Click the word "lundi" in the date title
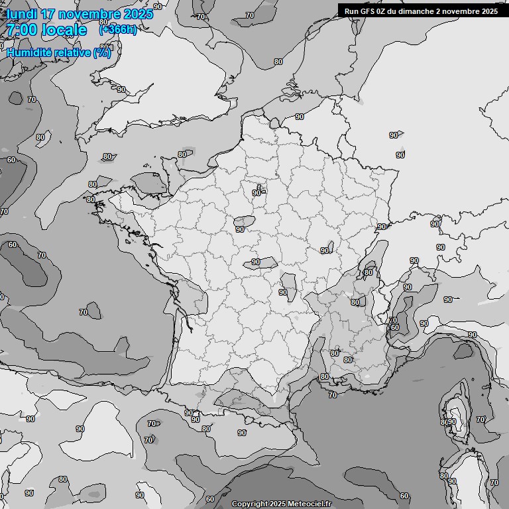tap(21, 14)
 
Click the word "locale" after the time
tap(64, 30)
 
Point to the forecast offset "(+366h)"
tap(118, 29)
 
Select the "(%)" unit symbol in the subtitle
tap(102, 52)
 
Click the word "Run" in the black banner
tap(351, 11)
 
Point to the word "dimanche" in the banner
tap(419, 11)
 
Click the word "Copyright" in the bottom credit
tap(249, 504)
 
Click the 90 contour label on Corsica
tap(452, 422)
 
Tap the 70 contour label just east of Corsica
tap(480, 419)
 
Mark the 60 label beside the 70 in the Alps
tap(395, 327)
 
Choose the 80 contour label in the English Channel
tap(182, 154)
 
